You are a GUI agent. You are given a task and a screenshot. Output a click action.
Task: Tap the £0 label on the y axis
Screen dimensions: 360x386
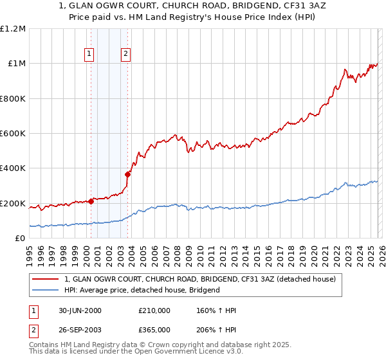[x=19, y=239]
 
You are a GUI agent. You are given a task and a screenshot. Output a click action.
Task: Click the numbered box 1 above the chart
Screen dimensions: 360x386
[x=89, y=55]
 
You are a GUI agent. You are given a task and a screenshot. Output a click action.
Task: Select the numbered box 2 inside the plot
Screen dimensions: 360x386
[x=126, y=55]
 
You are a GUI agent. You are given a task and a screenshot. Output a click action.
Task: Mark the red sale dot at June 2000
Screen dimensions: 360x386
[x=91, y=201]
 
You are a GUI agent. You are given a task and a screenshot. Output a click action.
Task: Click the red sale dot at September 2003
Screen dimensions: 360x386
[x=128, y=174]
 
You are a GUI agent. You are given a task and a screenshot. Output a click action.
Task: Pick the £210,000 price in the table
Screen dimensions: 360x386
[x=154, y=310]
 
